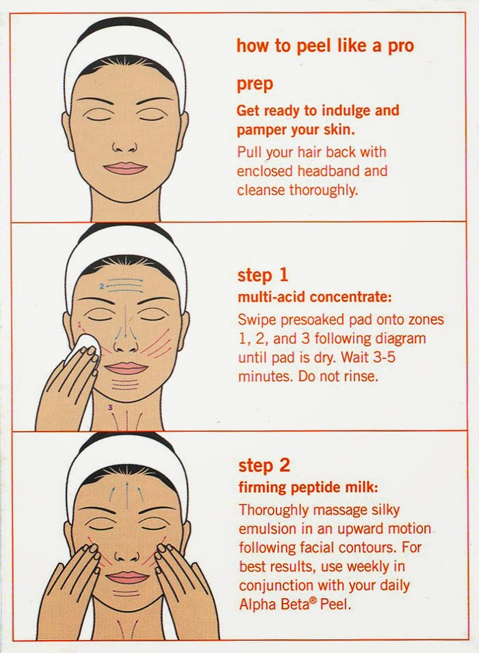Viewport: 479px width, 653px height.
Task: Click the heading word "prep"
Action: tap(255, 85)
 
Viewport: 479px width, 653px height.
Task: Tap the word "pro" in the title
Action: tap(401, 46)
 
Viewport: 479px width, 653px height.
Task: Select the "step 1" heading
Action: tap(263, 275)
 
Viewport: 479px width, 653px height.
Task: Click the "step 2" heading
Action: tap(264, 465)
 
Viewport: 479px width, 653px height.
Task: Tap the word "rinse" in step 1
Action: tap(360, 376)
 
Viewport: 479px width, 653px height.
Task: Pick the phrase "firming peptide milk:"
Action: tap(308, 488)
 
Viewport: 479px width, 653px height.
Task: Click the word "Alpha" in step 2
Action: tap(257, 604)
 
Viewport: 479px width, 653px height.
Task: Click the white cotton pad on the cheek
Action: tap(86, 349)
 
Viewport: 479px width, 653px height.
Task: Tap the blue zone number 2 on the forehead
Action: tap(102, 286)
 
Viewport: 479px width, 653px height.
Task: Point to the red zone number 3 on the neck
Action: tap(109, 407)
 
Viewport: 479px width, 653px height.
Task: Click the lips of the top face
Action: tap(125, 169)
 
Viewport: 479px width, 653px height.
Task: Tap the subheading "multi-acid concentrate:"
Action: tap(314, 297)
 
